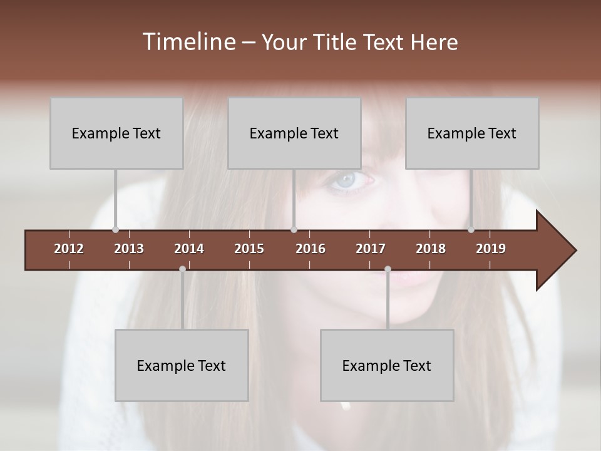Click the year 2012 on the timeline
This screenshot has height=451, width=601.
coord(69,249)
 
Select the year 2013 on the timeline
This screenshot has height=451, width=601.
coord(129,249)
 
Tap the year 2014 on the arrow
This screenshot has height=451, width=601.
coord(189,249)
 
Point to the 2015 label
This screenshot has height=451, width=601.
coord(249,249)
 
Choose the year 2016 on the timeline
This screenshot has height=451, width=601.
coord(311,249)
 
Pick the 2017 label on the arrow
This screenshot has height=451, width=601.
coord(371,249)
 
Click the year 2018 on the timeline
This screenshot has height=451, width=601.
coord(431,249)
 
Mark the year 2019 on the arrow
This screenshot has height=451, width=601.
coord(491,249)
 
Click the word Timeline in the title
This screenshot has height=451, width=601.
coord(188,42)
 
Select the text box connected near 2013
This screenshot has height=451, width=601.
coord(116,133)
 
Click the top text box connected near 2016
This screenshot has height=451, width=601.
coord(294,133)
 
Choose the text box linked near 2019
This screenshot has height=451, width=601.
coord(472,133)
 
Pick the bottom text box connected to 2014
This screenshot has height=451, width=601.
coord(182,365)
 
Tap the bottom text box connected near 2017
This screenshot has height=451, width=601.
coord(387,365)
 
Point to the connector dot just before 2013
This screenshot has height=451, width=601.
coord(115,229)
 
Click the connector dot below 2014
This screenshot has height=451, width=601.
coord(182,269)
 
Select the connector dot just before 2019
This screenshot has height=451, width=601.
coord(471,229)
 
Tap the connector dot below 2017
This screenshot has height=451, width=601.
coord(388,269)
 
